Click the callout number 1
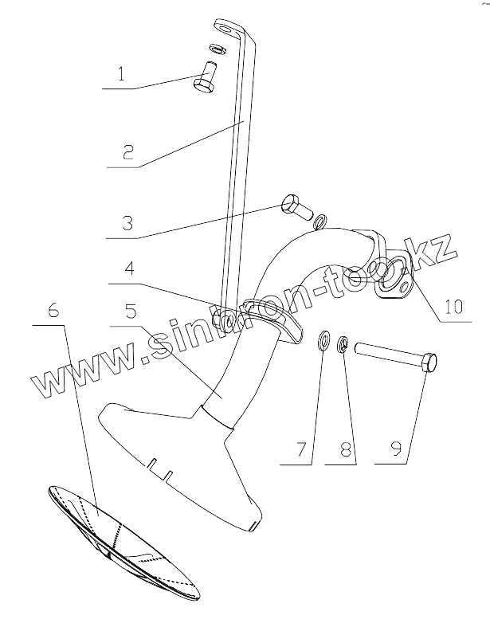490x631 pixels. coord(121,76)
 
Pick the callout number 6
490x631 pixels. coord(53,312)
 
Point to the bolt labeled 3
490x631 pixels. coord(296,208)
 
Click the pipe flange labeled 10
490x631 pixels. coord(390,277)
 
